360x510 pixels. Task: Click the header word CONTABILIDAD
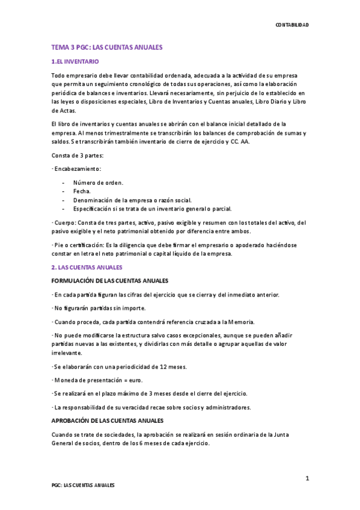(291, 25)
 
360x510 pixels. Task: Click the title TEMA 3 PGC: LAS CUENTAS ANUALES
(107, 47)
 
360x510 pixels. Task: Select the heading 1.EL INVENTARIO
(75, 62)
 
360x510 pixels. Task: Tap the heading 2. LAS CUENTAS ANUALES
(87, 267)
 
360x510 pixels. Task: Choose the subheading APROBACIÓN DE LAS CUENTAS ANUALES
(107, 420)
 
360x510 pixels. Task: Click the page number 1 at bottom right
(307, 478)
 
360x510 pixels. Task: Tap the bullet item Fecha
(82, 191)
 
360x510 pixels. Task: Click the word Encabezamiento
(79, 169)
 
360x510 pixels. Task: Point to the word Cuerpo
(67, 222)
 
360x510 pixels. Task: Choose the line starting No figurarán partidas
(96, 308)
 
